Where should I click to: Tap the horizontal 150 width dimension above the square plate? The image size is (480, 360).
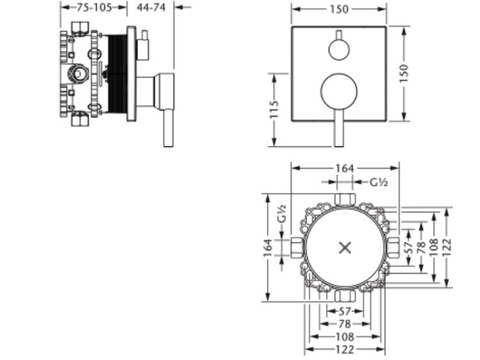pyautogui.click(x=339, y=9)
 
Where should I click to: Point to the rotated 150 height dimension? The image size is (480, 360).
pyautogui.click(x=404, y=72)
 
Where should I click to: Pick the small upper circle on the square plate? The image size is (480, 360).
pyautogui.click(x=339, y=49)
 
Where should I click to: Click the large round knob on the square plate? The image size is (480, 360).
pyautogui.click(x=339, y=91)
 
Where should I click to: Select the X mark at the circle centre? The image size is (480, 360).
pyautogui.click(x=345, y=247)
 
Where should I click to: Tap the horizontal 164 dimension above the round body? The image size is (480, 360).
pyautogui.click(x=344, y=168)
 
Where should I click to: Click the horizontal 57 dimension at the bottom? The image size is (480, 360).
pyautogui.click(x=344, y=311)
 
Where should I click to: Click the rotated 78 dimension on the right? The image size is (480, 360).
pyautogui.click(x=420, y=246)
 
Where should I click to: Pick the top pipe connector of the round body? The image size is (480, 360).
pyautogui.click(x=344, y=199)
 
